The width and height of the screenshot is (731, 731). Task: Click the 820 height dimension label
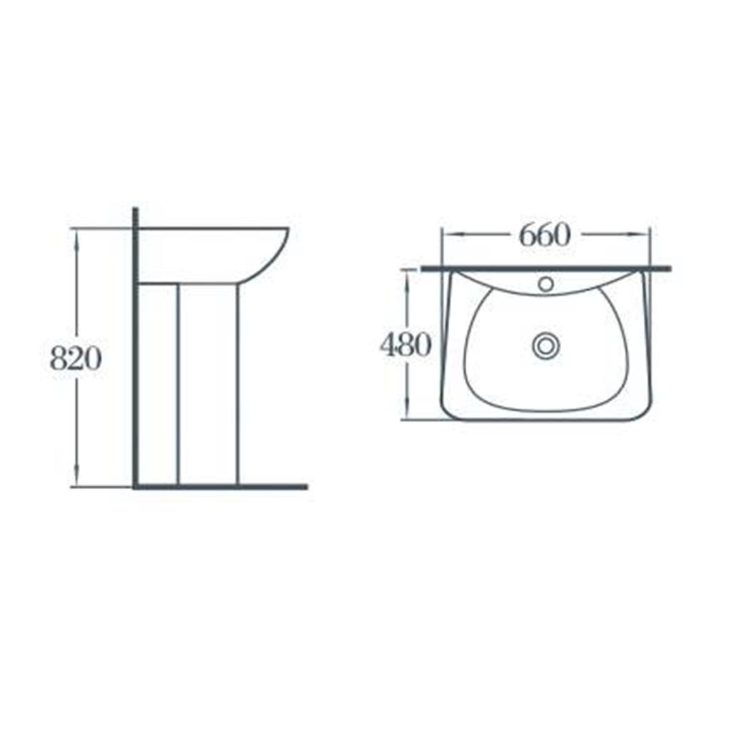(x=76, y=359)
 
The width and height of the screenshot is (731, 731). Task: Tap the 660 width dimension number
(x=545, y=235)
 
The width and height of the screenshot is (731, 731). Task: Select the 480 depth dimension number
(x=406, y=346)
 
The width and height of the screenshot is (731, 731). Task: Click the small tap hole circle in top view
(x=545, y=283)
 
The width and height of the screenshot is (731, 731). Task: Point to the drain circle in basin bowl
(x=545, y=346)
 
